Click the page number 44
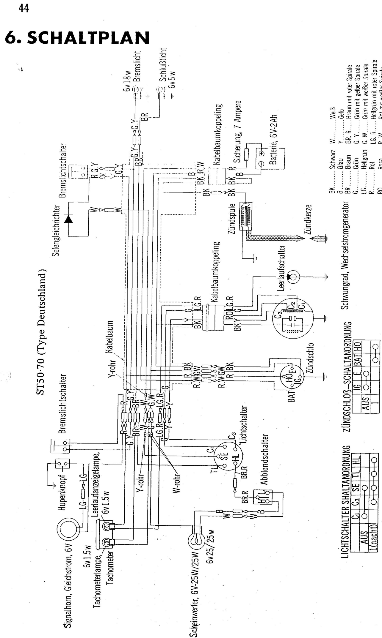[24, 9]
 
